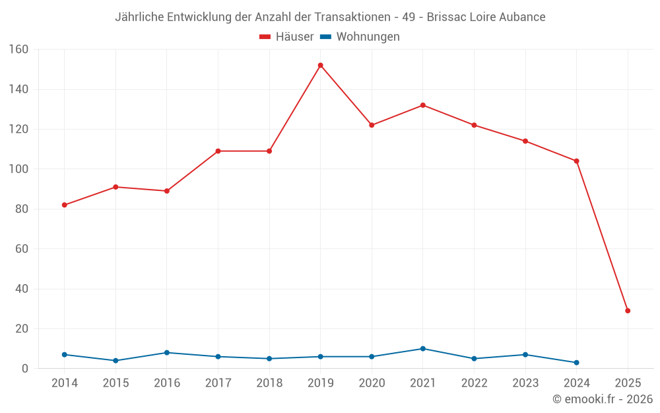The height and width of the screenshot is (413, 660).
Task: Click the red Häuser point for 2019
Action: [321, 65]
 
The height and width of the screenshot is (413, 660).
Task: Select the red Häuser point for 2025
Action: [628, 311]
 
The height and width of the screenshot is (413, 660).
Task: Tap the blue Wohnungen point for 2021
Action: [423, 348]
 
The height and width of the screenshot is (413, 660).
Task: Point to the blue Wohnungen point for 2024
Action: [576, 363]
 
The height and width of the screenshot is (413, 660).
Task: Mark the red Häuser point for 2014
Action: [65, 205]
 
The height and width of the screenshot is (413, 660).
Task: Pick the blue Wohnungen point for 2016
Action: [167, 353]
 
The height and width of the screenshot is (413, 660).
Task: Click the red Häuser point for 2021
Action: [423, 105]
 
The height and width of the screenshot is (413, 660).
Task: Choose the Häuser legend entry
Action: [286, 37]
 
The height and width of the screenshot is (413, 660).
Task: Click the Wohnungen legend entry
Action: [360, 37]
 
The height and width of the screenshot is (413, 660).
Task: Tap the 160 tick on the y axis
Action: [18, 50]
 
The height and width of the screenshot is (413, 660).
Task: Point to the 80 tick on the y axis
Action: [21, 209]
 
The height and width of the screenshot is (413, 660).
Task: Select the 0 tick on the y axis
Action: [24, 369]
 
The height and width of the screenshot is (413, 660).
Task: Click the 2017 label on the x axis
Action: [218, 383]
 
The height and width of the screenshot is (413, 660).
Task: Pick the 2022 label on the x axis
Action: [474, 383]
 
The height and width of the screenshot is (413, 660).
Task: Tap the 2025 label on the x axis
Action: [628, 383]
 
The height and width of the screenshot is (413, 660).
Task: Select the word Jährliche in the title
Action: [138, 17]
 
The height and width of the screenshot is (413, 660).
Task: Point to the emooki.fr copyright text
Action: [603, 399]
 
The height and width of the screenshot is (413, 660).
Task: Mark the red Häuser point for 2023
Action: [525, 141]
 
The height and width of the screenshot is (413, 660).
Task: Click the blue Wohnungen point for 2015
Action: [115, 361]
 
